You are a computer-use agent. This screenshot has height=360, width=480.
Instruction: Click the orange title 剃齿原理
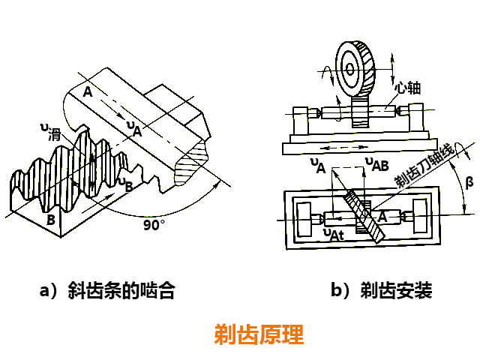[x=259, y=334]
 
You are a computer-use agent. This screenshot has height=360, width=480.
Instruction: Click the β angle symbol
[x=469, y=181]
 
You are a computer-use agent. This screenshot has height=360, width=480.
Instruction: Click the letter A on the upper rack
[x=88, y=92]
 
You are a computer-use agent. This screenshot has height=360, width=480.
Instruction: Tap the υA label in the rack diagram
[x=133, y=128]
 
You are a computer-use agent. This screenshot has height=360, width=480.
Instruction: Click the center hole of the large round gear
[x=349, y=68]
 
